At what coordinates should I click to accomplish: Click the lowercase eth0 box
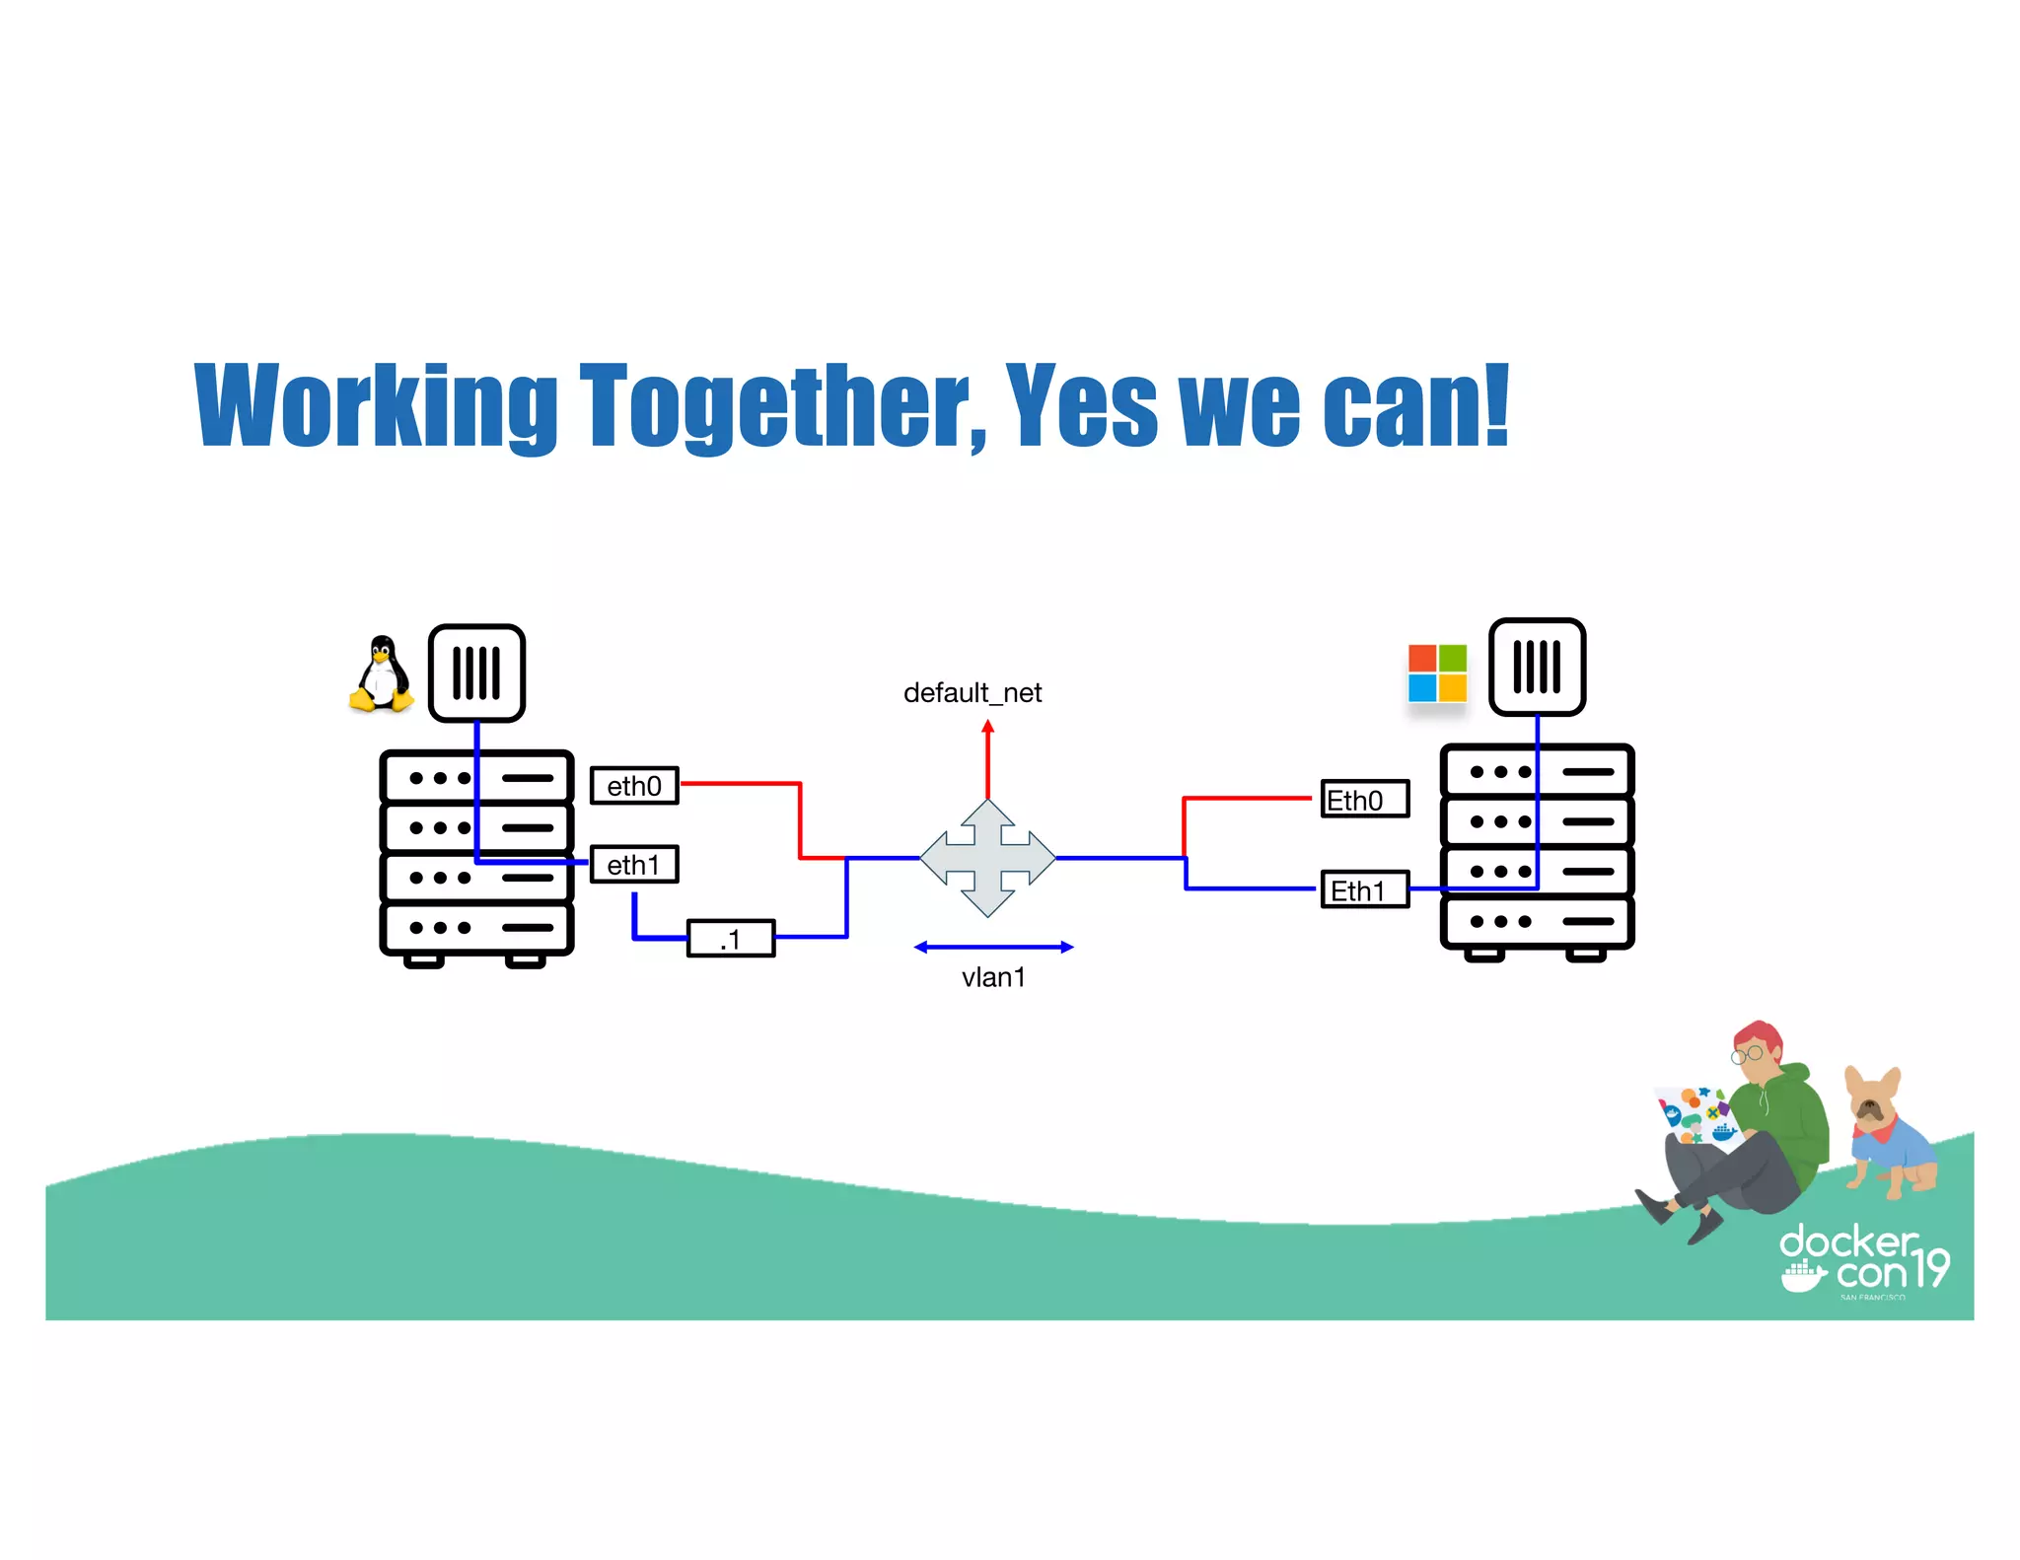pos(634,786)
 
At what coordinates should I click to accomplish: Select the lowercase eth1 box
pos(634,865)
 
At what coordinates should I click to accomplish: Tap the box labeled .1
pos(731,939)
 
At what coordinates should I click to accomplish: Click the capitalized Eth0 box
pos(1365,800)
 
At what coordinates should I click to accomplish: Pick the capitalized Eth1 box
pos(1365,890)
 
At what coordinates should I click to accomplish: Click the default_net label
pos(973,693)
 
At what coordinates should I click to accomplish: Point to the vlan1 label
pos(993,977)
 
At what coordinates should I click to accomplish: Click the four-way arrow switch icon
pos(987,858)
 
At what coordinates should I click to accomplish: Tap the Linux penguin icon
pos(381,674)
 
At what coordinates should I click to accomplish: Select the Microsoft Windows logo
pos(1437,674)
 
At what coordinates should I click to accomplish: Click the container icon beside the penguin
pos(476,674)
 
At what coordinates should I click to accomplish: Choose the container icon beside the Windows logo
pos(1537,668)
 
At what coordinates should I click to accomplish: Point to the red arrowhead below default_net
pos(987,728)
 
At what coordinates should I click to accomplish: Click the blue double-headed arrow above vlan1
pos(993,948)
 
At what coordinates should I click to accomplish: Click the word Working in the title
pos(376,405)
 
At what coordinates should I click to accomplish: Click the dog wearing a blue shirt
pos(1888,1135)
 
